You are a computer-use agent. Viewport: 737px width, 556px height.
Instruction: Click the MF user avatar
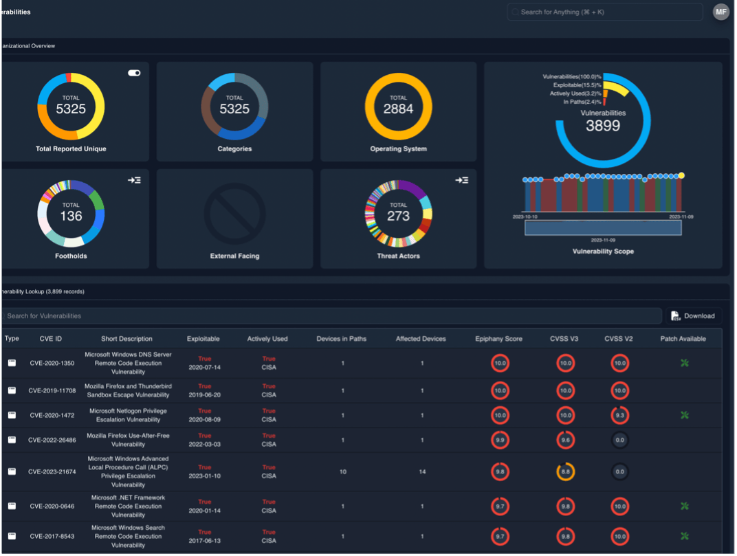click(x=720, y=12)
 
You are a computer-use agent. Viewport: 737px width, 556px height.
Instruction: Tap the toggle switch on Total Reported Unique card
click(x=134, y=73)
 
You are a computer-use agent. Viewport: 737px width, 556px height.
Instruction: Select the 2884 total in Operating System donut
click(x=398, y=109)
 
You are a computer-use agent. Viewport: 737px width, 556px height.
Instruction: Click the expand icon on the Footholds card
click(x=134, y=180)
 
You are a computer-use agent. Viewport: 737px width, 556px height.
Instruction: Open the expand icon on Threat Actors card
click(x=461, y=180)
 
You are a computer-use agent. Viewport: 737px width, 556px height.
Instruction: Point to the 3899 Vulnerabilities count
click(x=603, y=126)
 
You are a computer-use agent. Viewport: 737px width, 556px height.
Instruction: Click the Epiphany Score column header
click(x=498, y=339)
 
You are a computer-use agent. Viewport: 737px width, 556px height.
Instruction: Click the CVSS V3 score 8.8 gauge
click(x=565, y=472)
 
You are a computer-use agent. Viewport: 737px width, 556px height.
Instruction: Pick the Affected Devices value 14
click(x=422, y=472)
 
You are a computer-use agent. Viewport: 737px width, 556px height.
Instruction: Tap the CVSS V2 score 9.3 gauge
click(x=619, y=415)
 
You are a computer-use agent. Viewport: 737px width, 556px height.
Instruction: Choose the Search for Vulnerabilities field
click(x=330, y=316)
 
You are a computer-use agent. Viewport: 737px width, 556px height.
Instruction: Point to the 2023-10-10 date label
click(x=525, y=216)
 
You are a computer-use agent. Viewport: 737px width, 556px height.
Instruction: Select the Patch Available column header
click(x=683, y=339)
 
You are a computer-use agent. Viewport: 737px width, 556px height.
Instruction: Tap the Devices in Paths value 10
click(x=342, y=472)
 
